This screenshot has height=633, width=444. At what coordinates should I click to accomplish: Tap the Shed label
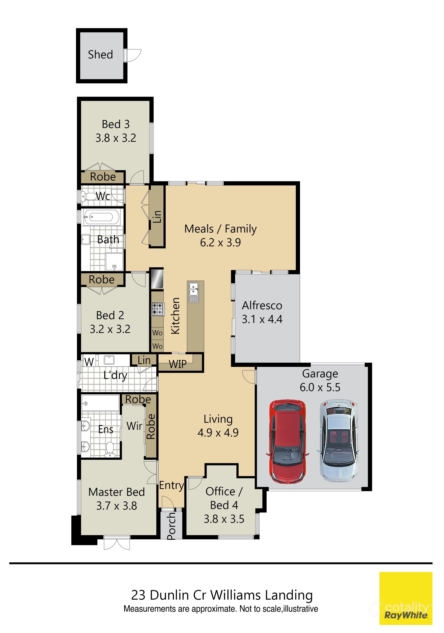pyautogui.click(x=100, y=55)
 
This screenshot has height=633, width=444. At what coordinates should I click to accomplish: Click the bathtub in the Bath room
pyautogui.click(x=102, y=217)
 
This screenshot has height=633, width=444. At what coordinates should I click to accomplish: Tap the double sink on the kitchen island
pyautogui.click(x=193, y=292)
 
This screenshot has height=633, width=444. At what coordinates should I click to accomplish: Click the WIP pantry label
pyautogui.click(x=177, y=364)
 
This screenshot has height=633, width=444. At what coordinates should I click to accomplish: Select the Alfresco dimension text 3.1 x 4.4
pyautogui.click(x=262, y=319)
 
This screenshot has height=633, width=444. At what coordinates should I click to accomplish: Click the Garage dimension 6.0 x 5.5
pyautogui.click(x=320, y=387)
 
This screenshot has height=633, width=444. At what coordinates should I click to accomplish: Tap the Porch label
pyautogui.click(x=171, y=526)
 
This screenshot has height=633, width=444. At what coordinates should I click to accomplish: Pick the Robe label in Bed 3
pyautogui.click(x=103, y=177)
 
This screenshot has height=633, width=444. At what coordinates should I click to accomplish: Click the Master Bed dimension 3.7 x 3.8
pyautogui.click(x=116, y=506)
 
